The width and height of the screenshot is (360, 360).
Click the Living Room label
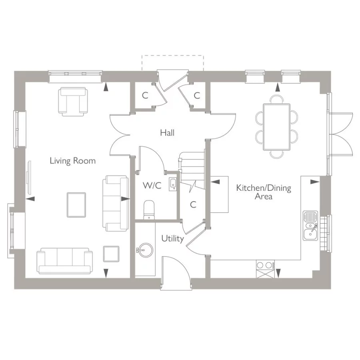coord(72,161)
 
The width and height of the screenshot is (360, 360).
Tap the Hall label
coord(167,132)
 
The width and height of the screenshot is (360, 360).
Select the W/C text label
coord(152,186)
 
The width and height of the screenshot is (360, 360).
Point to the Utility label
coord(172,239)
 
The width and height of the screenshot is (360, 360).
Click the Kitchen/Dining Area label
coord(263,192)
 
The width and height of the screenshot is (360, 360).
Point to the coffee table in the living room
coord(76,204)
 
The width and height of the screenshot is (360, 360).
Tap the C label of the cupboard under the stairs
coord(193,204)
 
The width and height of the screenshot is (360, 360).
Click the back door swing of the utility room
coord(176,270)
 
